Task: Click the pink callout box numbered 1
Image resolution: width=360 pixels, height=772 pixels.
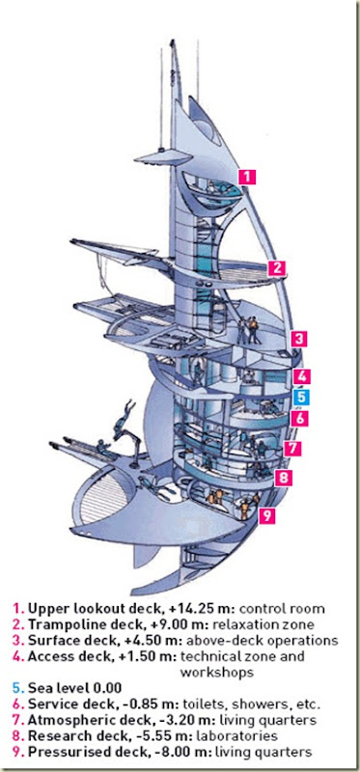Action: [247, 177]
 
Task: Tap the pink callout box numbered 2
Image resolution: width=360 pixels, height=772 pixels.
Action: [277, 268]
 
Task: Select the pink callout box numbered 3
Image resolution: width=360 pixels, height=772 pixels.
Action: [299, 339]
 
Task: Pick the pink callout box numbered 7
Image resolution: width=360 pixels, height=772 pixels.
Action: [292, 449]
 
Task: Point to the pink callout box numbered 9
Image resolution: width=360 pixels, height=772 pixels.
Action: [266, 516]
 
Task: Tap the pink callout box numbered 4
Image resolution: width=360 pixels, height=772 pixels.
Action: [301, 376]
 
